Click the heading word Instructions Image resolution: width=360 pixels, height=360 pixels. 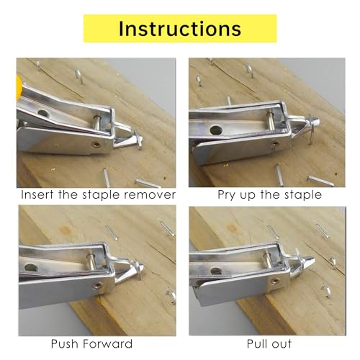[x=179, y=28]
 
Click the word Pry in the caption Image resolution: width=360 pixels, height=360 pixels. [x=229, y=194]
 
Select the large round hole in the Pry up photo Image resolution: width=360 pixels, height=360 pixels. [x=216, y=131]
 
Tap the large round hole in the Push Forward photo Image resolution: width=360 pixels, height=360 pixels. [x=31, y=267]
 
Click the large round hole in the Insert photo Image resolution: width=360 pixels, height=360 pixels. [x=42, y=114]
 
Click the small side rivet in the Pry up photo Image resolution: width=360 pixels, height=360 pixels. [x=274, y=144]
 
